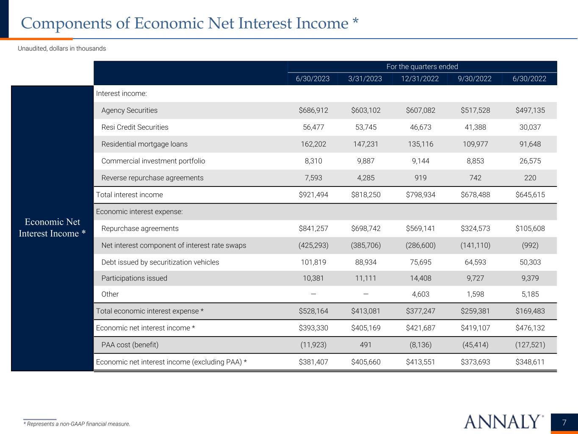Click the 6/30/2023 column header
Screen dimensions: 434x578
[313, 78]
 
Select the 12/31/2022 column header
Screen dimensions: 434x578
[420, 78]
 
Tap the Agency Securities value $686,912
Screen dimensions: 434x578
[313, 110]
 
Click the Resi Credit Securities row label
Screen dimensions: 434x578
[135, 127]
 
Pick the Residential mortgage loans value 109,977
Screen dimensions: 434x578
[475, 144]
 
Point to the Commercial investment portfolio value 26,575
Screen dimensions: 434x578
[530, 161]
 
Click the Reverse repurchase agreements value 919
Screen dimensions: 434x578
[420, 178]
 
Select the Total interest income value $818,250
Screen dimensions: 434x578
[366, 195]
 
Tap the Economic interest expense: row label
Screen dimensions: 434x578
[139, 211]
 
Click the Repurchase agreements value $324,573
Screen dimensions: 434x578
[475, 228]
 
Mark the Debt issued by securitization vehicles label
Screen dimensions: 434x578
[160, 262]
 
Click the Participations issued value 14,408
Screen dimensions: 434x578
[420, 278]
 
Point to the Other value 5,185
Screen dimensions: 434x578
[530, 294]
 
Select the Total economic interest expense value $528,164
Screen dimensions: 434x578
[313, 311]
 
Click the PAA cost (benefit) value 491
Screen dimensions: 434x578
[366, 345]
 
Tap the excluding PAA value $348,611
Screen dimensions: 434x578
[530, 362]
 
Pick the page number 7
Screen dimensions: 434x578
[564, 423]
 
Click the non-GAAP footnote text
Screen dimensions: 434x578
[77, 424]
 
